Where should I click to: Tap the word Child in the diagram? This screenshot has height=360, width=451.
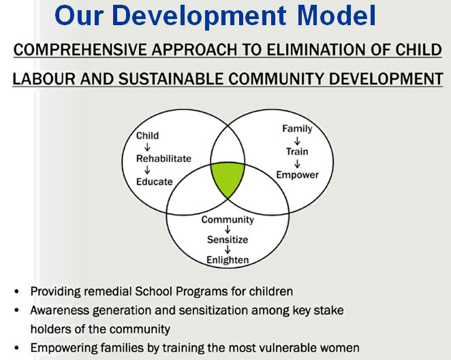point(147,135)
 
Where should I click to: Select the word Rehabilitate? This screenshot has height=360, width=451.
point(164,159)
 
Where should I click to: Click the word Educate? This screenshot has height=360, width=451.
point(155,182)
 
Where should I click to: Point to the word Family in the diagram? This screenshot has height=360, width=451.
point(297,129)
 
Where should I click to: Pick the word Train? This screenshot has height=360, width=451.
point(297,151)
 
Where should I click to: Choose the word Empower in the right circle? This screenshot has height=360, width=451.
point(298,175)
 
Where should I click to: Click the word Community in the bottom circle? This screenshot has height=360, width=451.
point(228,220)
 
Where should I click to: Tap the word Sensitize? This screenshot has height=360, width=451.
point(228,240)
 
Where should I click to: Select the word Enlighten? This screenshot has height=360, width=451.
point(228,260)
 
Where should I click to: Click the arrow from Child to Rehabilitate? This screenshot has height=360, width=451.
point(147,147)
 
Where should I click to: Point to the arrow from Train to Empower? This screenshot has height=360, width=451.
point(297,163)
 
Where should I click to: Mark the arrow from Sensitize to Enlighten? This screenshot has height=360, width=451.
point(228,249)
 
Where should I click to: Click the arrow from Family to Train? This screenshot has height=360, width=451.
point(297,140)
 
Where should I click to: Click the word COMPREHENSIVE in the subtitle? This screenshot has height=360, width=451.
point(80,50)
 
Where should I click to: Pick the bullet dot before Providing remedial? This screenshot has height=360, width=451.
point(16,291)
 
